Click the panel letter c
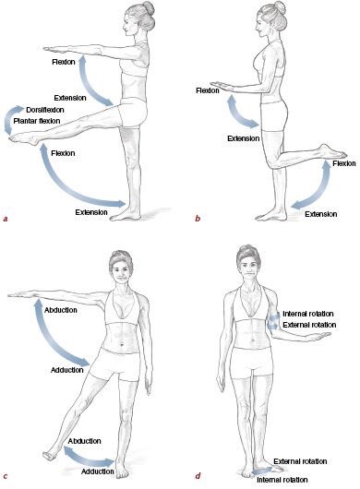click(x=6, y=475)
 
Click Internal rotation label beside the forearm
click(x=308, y=314)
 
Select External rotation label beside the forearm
click(x=309, y=325)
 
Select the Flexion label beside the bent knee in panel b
click(x=344, y=163)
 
